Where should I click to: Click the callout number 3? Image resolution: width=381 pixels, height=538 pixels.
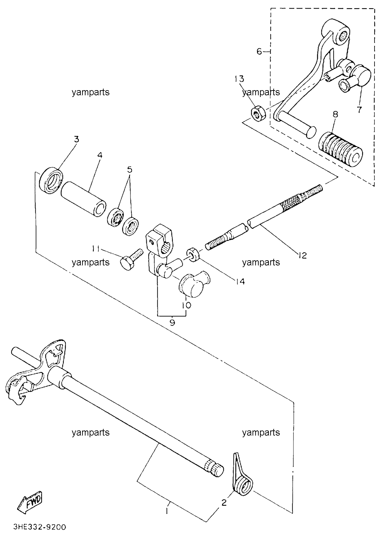[76, 139]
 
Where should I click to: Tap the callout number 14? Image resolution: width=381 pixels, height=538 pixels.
[240, 281]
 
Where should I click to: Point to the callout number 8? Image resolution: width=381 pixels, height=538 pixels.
[335, 114]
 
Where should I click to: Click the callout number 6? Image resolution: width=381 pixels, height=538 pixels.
[259, 51]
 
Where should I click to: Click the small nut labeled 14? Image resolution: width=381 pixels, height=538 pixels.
[193, 254]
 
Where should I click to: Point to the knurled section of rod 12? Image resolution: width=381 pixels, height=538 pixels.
[290, 202]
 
